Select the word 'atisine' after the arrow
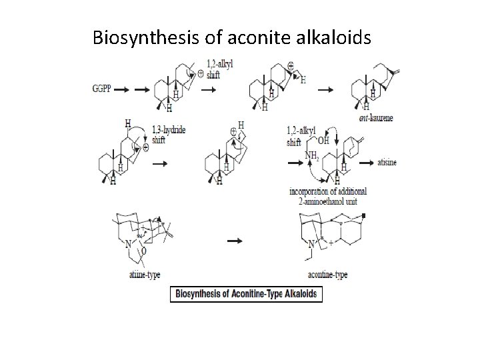[387, 162]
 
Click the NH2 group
[311, 156]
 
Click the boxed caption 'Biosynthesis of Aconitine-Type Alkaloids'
[247, 294]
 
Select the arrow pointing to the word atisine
[365, 162]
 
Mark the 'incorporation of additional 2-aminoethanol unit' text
[327, 195]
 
